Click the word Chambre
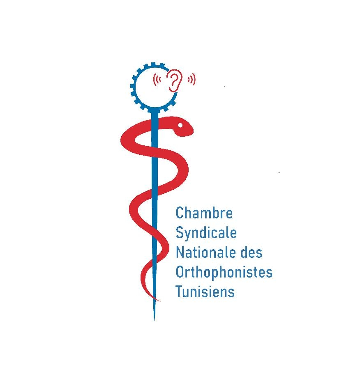(204, 213)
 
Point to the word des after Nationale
(252, 252)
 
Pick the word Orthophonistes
(224, 272)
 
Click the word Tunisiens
(205, 291)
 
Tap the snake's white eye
(180, 125)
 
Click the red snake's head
(182, 127)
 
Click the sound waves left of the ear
(157, 79)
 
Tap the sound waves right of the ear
(192, 79)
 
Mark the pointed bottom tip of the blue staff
(154, 320)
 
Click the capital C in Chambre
(179, 213)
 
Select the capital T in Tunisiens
(179, 291)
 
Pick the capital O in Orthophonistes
(180, 272)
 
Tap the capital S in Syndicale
(179, 232)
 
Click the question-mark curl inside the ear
(174, 78)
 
